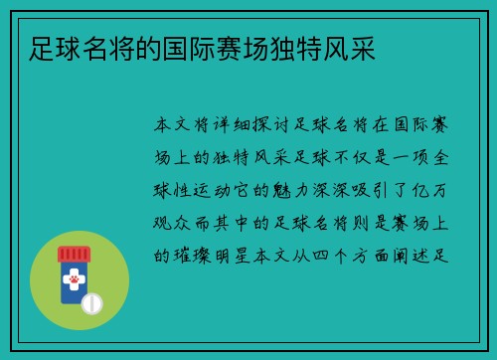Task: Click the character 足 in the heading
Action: coord(42,49)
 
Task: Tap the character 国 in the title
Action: coord(175,49)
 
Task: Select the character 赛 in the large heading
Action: coord(229,49)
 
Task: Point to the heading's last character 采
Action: coord(363,49)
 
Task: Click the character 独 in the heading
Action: coord(282,49)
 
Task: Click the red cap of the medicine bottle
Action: coord(75,255)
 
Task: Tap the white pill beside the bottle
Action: coord(91,303)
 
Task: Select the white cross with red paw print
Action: coord(74,279)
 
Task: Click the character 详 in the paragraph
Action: coord(222,125)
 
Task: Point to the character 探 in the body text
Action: coord(262,125)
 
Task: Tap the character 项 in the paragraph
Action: coord(420,158)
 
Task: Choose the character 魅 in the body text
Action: coord(281,191)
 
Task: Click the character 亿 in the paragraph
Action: coord(420,191)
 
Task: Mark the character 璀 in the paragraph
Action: coord(182,256)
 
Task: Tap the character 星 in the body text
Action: coord(243,256)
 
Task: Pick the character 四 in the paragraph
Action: coord(320,256)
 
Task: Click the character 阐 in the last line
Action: coord(401,256)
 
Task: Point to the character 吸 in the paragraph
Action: coord(361,191)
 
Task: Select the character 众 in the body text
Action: coord(182,223)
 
